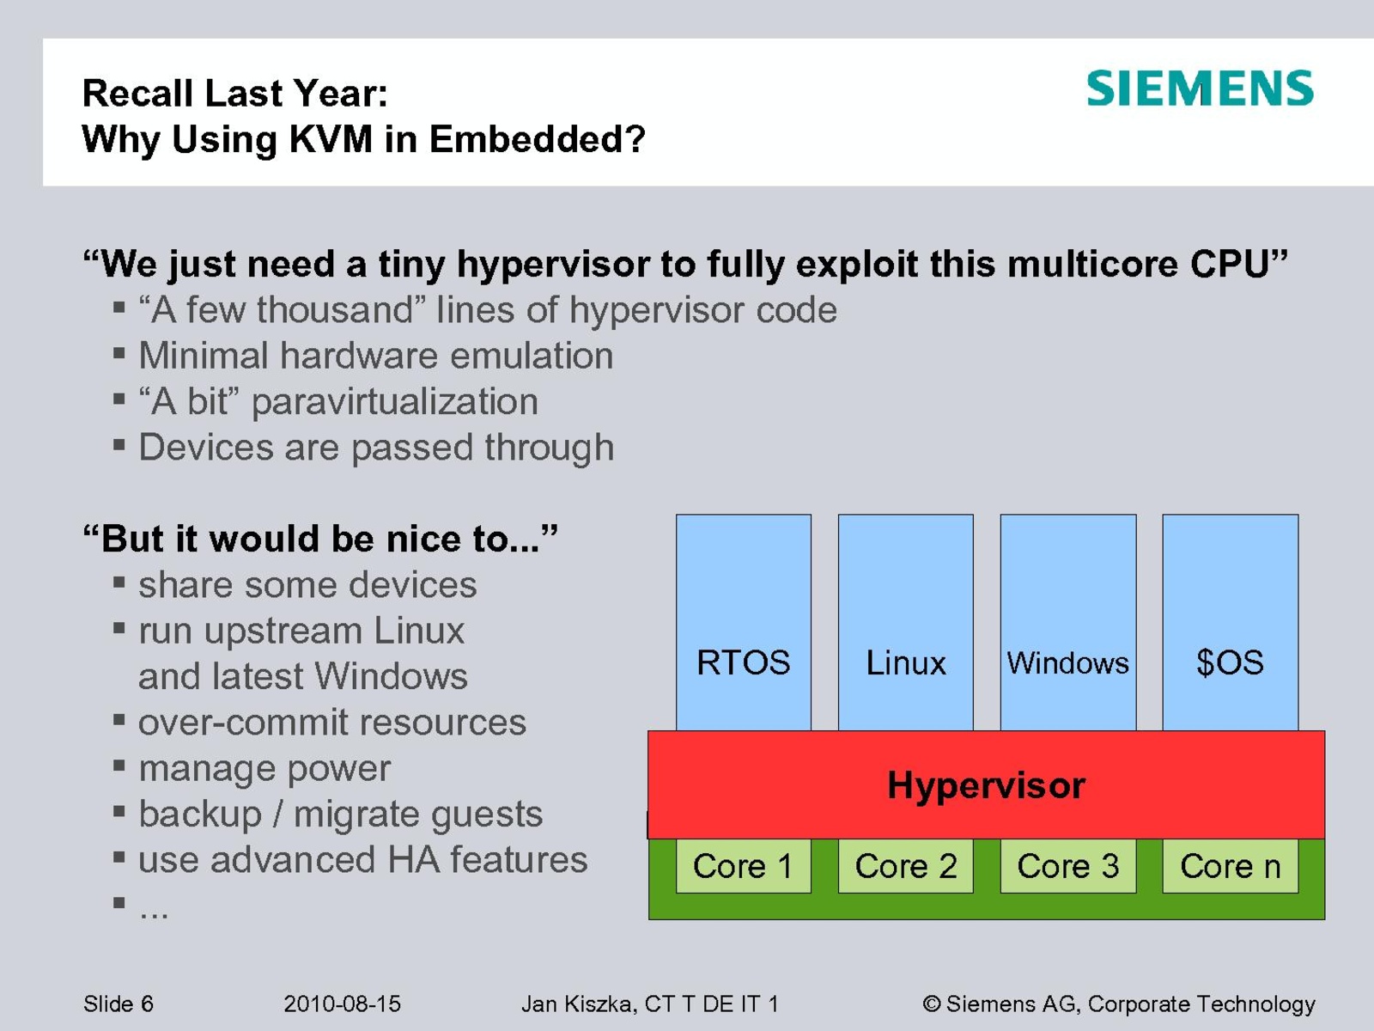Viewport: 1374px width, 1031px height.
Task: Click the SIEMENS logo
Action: click(x=1200, y=88)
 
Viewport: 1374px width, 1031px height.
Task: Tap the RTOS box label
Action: click(x=743, y=662)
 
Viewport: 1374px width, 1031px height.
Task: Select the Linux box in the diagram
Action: click(x=905, y=622)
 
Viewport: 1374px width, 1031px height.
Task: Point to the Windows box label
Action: click(x=1068, y=663)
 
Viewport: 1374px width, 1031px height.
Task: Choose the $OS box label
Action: click(x=1230, y=662)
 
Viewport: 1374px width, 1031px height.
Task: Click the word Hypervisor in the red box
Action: click(x=987, y=785)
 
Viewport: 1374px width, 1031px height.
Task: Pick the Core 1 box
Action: click(x=743, y=866)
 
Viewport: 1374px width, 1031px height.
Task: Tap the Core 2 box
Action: click(x=905, y=866)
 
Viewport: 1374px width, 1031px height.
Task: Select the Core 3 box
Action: click(x=1068, y=866)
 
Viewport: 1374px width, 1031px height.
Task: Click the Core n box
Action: click(x=1230, y=866)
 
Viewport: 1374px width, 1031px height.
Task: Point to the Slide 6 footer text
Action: click(x=119, y=1004)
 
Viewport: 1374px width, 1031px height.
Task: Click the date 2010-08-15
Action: click(x=342, y=1004)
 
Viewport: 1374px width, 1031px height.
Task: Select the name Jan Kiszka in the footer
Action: click(x=576, y=1004)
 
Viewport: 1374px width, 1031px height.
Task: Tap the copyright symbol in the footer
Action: click(x=932, y=1004)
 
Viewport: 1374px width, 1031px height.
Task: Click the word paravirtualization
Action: click(x=394, y=402)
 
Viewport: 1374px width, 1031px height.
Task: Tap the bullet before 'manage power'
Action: click(x=119, y=765)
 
